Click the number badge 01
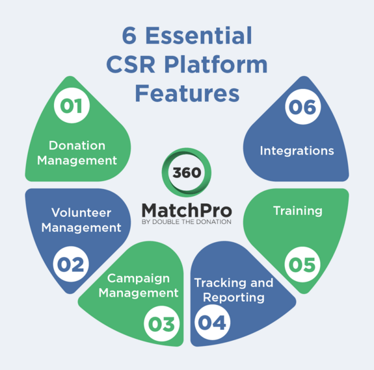(x=72, y=105)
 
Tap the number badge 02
(x=71, y=264)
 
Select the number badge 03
(x=162, y=323)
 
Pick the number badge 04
(x=212, y=323)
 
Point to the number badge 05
(x=302, y=265)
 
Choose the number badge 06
(x=303, y=106)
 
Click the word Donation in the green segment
(x=77, y=145)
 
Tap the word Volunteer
(x=81, y=212)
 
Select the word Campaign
(x=139, y=278)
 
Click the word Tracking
(x=220, y=283)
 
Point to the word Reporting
(x=234, y=297)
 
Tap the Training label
(x=298, y=211)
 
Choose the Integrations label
(x=297, y=151)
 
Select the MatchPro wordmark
(x=187, y=210)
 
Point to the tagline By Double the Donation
(x=187, y=222)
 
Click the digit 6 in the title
(x=129, y=36)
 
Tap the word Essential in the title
(x=199, y=35)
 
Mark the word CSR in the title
(x=131, y=64)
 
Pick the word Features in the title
(x=187, y=93)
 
